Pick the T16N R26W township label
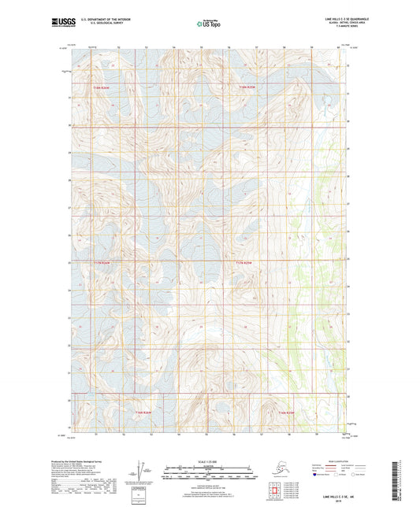click(x=141, y=412)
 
